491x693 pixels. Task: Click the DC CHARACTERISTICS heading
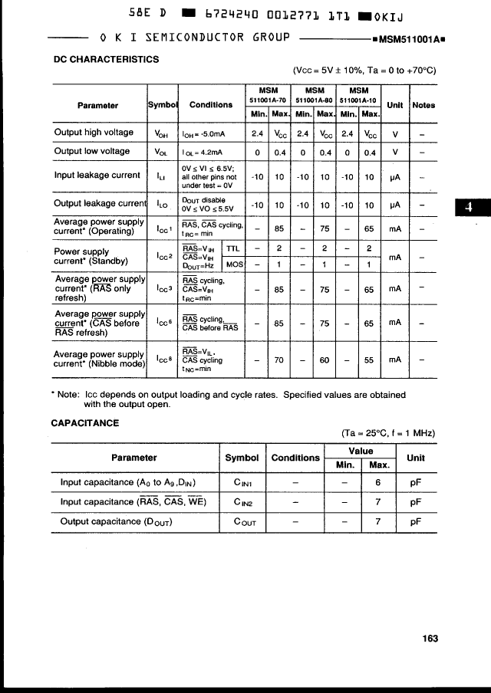[x=106, y=59]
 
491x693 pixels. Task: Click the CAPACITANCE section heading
[x=84, y=422]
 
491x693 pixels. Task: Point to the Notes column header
[x=423, y=105]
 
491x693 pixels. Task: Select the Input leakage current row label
[x=97, y=175]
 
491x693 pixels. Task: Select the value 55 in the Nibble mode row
[x=370, y=359]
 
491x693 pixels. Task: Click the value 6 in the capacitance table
[x=378, y=483]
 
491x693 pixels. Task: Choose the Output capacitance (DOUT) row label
[x=117, y=522]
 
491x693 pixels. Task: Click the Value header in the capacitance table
[x=361, y=452]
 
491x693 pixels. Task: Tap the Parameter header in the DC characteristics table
[x=97, y=105]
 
